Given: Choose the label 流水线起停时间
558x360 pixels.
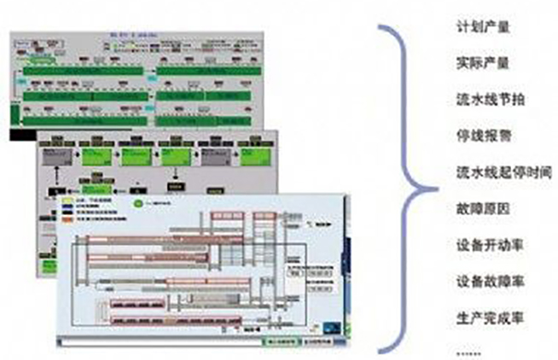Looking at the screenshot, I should pyautogui.click(x=497, y=171).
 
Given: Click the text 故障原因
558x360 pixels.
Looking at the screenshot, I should pyautogui.click(x=479, y=208).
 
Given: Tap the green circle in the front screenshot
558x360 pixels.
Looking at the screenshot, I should pyautogui.click(x=137, y=204).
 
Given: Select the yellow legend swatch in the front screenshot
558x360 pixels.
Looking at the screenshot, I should pyautogui.click(x=67, y=198).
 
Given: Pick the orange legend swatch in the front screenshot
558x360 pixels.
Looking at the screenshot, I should pyautogui.click(x=67, y=219).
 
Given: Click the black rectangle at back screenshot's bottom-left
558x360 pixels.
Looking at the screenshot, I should pyautogui.click(x=23, y=134).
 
